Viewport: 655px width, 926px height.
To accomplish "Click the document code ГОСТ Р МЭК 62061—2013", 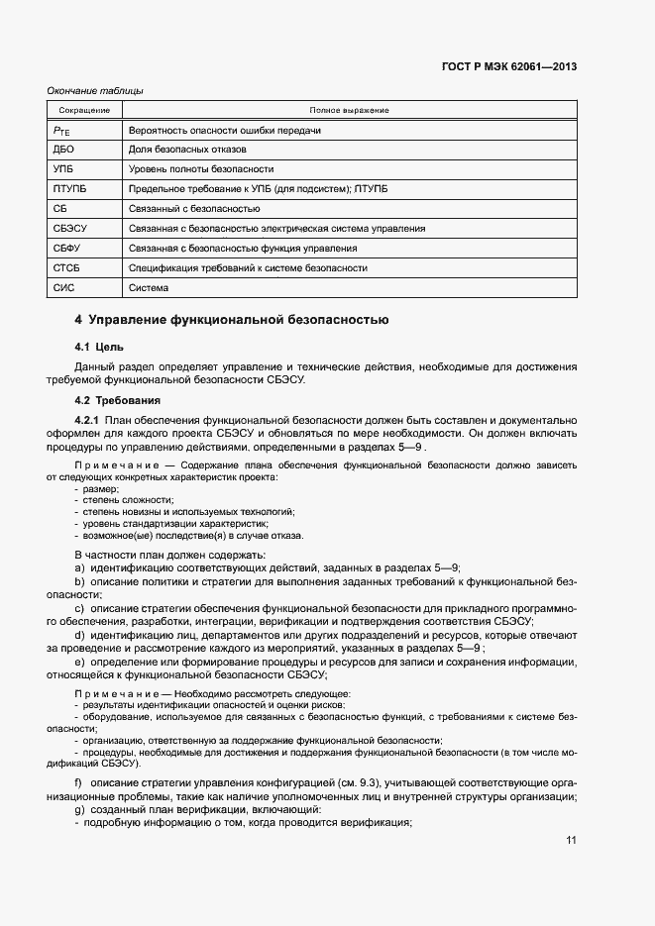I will pyautogui.click(x=508, y=67).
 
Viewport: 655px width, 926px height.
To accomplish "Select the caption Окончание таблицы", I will pyautogui.click(x=95, y=91).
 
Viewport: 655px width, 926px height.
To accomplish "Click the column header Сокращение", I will pyautogui.click(x=84, y=110).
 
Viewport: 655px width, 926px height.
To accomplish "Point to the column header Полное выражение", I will pyautogui.click(x=349, y=110).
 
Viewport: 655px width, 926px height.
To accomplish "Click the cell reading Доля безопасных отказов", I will pyautogui.click(x=188, y=150).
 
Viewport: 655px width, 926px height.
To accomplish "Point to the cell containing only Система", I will pyautogui.click(x=149, y=288).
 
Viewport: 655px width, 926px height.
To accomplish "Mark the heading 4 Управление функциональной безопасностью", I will pyautogui.click(x=232, y=320).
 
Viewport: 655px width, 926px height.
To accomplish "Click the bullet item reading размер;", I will pyautogui.click(x=102, y=489).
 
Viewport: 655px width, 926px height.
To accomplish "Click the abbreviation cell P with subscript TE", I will pyautogui.click(x=60, y=130).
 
